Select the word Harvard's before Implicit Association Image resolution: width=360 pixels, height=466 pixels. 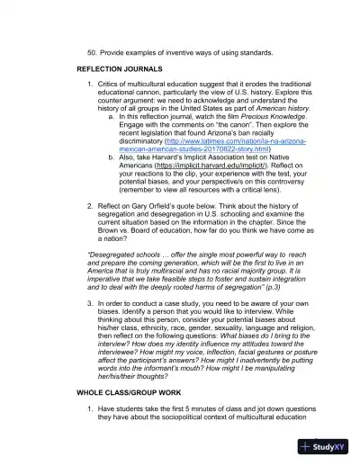[x=185, y=157]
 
